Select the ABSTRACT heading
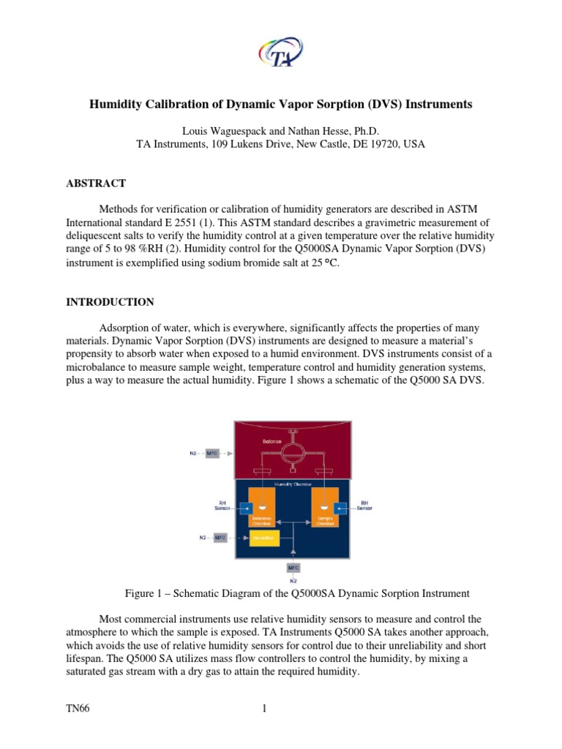[x=96, y=184]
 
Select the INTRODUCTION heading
[x=110, y=302]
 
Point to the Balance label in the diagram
[x=272, y=442]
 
